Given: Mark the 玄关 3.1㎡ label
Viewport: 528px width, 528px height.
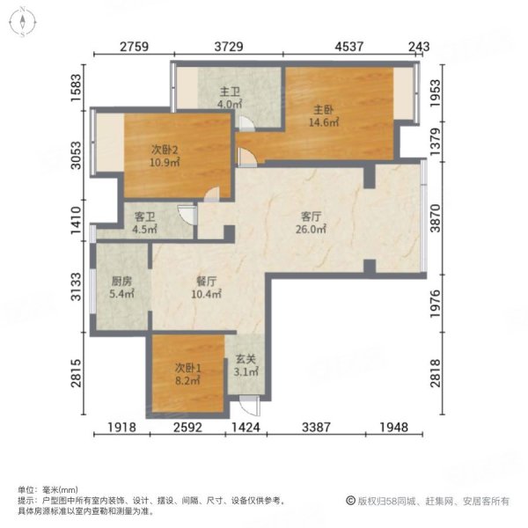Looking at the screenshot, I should point(246,365).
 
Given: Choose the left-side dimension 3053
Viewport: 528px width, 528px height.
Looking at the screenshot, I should point(78,159).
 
